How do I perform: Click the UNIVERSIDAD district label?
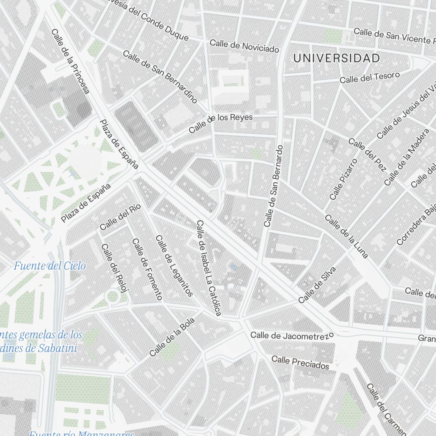[336, 58]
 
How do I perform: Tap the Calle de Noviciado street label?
[244, 46]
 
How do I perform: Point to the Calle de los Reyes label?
[221, 124]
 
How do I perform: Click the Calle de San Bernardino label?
[160, 77]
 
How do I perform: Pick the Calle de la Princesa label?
[70, 61]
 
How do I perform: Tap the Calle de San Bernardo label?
[274, 186]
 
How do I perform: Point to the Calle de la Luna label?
[347, 236]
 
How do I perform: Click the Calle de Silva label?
[317, 285]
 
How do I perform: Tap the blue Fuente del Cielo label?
[50, 266]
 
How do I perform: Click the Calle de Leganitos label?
[174, 266]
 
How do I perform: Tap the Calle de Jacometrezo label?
[292, 336]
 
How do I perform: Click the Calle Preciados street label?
[300, 362]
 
